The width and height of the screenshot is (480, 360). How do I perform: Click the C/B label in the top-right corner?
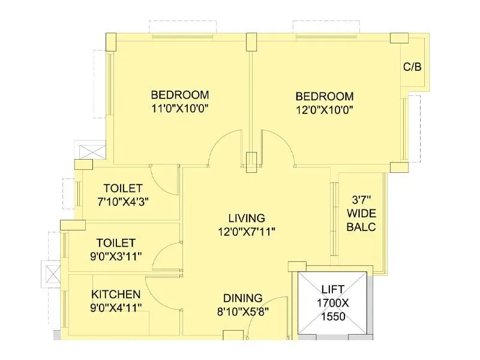412,67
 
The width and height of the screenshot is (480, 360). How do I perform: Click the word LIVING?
247,218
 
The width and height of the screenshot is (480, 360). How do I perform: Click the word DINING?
243,298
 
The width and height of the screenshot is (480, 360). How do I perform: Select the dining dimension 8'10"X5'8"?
243,311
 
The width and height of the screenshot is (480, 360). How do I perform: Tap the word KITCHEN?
116,294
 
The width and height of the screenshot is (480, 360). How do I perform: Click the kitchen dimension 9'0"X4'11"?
116,308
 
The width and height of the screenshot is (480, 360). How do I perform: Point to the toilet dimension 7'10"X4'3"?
122,202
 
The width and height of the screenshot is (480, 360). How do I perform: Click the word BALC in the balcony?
361,227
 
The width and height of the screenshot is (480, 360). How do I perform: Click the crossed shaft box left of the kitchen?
50,273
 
